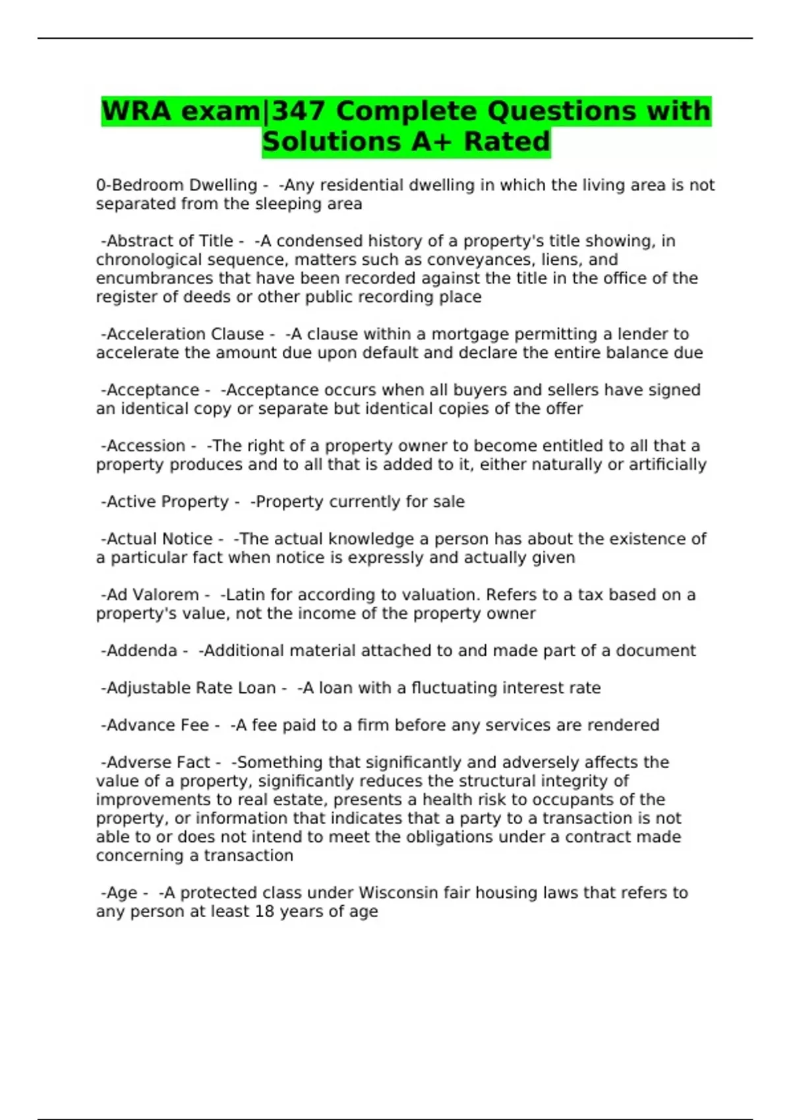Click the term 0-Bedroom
[x=137, y=185]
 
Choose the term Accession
[x=146, y=446]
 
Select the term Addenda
[x=142, y=651]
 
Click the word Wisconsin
[x=398, y=893]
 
